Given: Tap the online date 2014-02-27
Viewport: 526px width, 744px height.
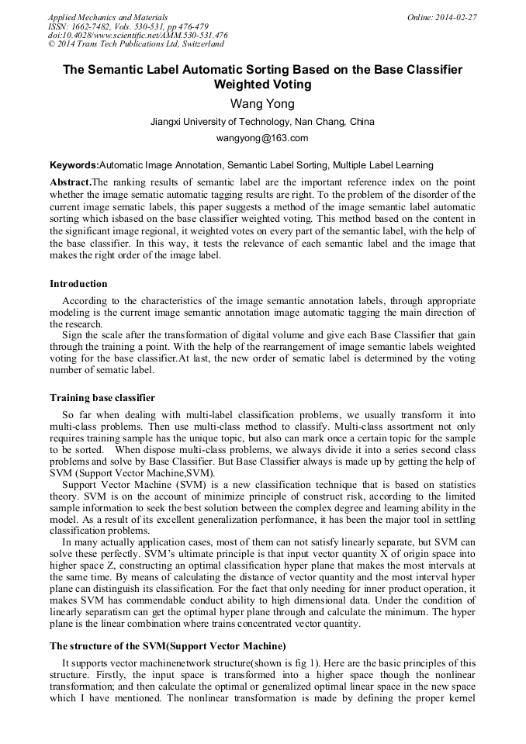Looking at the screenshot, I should pos(454,16).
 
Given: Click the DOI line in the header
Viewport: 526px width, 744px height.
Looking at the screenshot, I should pos(137,35).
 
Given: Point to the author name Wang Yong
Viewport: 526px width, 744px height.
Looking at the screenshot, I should pos(262,104).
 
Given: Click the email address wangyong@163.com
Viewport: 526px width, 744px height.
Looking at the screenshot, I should pos(262,138).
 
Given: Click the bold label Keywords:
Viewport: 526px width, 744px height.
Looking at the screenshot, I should pos(74,165).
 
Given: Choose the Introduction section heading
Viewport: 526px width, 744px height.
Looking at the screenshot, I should pos(78,284).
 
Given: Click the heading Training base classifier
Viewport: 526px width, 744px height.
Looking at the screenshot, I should pos(102,398).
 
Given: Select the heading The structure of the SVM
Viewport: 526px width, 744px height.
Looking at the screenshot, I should pos(168,645).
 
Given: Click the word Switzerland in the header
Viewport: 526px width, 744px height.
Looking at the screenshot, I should pos(200,44).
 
